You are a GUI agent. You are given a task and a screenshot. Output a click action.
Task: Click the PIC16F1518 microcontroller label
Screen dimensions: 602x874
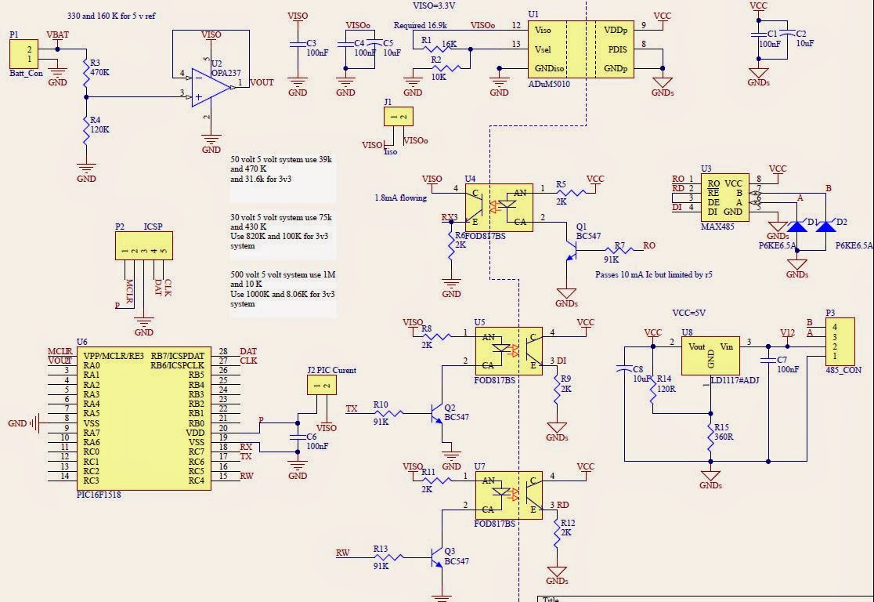pos(99,495)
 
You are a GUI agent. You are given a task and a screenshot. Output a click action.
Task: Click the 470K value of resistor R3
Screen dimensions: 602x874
pos(100,71)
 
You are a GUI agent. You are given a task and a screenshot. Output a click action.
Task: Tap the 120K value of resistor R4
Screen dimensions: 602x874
pos(100,129)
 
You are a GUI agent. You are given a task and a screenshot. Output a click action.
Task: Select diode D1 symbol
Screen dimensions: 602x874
pos(797,227)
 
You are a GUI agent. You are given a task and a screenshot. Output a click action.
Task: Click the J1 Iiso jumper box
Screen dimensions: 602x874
pos(398,117)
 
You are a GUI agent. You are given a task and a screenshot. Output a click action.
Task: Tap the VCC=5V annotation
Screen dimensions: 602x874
pos(689,312)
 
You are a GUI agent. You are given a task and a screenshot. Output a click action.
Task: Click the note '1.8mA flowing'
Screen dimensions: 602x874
pos(400,198)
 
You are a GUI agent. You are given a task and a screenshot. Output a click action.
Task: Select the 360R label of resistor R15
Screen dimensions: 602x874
pos(724,437)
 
